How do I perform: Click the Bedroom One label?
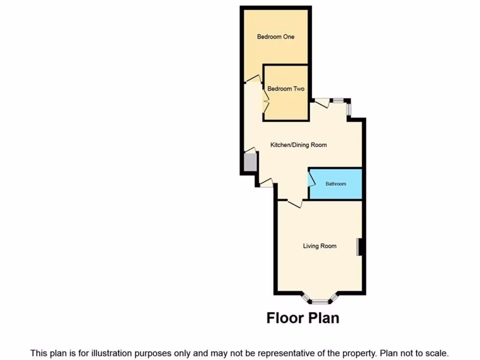coord(276,37)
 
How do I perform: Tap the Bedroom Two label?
coord(285,89)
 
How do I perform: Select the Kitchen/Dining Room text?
coord(298,145)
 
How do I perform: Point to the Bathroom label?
coord(336,184)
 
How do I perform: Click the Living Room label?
coord(319,246)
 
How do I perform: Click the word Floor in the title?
coord(284,318)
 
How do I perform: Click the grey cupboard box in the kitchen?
coord(250,162)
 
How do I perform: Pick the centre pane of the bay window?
coord(320,301)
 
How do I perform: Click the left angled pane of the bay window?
coord(306,298)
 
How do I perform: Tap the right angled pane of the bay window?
coord(334,298)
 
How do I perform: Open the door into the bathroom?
coord(311,179)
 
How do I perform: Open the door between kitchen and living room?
coord(295,203)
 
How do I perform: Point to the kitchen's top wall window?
coord(338,100)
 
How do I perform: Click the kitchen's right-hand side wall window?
coord(348,109)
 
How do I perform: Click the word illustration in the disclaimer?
coord(116,353)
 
